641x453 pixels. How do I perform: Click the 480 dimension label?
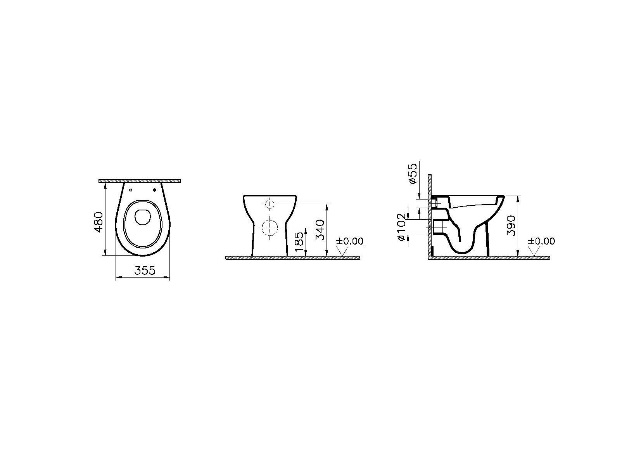(x=99, y=222)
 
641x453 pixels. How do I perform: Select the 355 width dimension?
(x=145, y=271)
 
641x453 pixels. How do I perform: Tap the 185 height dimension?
(x=299, y=242)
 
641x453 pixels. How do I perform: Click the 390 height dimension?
(x=511, y=226)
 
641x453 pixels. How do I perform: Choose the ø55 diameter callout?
(x=413, y=174)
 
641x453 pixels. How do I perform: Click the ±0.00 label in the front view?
(x=349, y=241)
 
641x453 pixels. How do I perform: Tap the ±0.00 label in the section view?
(x=541, y=241)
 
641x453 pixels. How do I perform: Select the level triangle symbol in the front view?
(x=342, y=251)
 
